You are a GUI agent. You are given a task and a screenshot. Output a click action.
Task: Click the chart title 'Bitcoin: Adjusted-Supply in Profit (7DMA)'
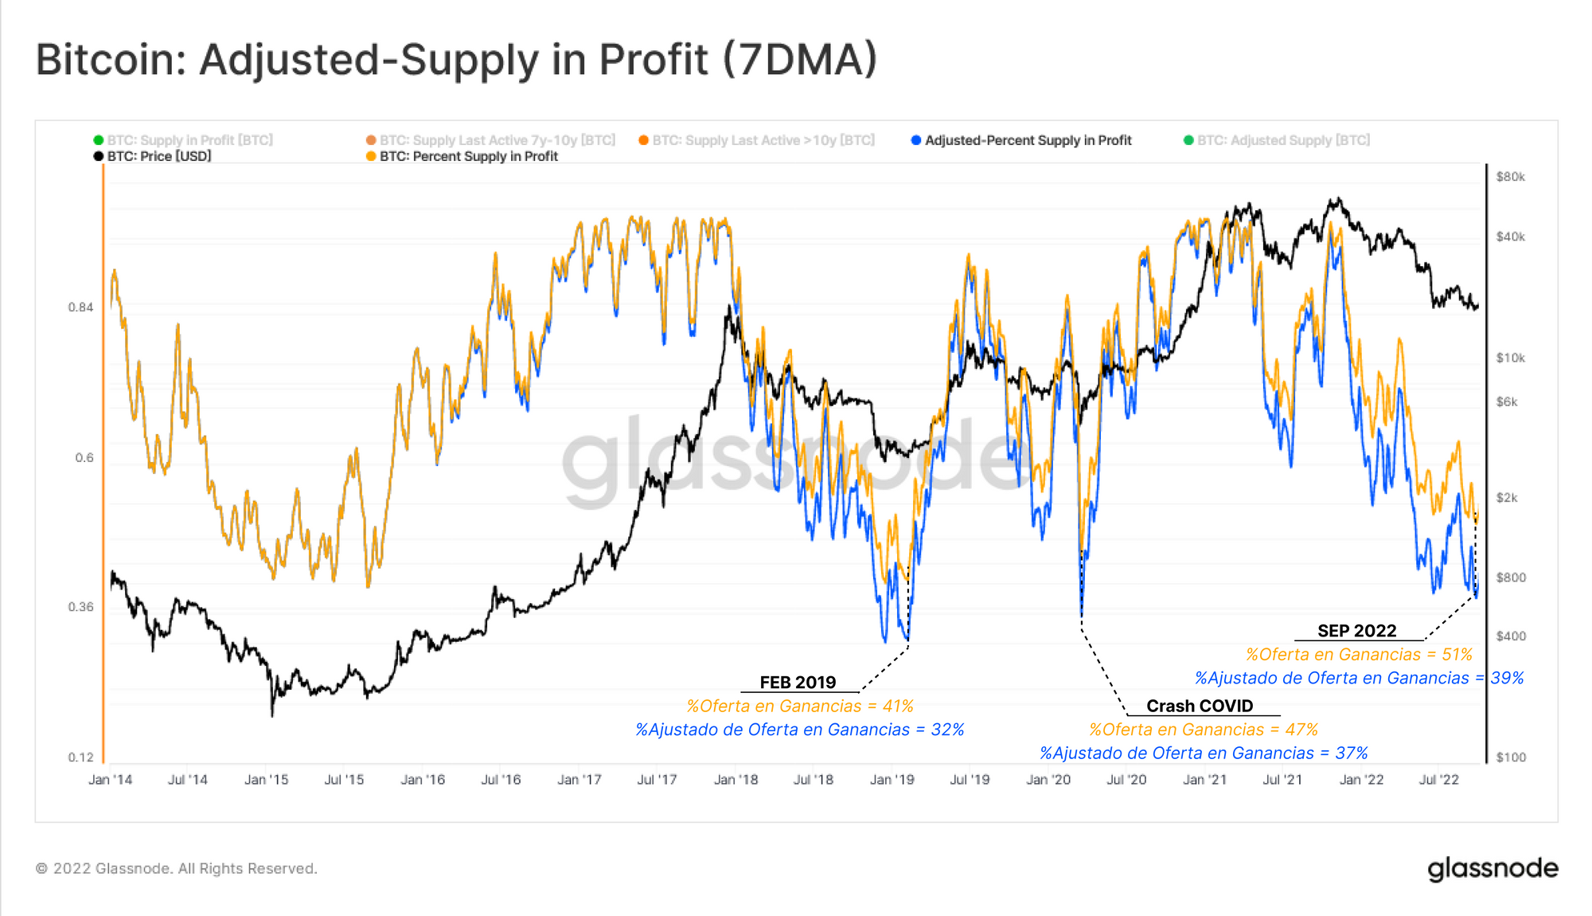[x=456, y=61]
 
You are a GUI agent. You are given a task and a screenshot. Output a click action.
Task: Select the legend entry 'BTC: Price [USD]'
[x=158, y=156]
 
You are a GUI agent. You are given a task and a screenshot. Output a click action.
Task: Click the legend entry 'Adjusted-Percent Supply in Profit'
[x=1027, y=140]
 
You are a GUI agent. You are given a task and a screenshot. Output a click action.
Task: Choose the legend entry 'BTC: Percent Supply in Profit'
[x=468, y=156]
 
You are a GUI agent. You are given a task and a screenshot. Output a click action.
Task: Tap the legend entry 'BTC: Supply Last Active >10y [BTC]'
[x=763, y=140]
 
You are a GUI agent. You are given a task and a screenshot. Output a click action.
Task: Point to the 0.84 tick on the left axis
[x=80, y=307]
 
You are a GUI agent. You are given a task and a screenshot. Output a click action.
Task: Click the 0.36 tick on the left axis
[x=80, y=607]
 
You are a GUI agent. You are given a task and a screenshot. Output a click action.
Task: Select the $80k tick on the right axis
[x=1510, y=177]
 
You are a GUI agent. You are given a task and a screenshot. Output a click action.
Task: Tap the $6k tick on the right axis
[x=1507, y=402]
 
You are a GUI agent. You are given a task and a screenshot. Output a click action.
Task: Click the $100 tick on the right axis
[x=1510, y=757]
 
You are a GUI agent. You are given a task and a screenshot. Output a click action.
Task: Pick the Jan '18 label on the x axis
[x=736, y=780]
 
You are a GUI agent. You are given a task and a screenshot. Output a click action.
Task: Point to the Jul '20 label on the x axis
[x=1126, y=780]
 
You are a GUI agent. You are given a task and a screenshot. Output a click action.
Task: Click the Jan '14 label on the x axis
[x=110, y=780]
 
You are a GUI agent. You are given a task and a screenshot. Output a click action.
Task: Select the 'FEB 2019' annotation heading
[x=798, y=683]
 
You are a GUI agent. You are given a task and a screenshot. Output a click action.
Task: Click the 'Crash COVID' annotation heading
[x=1199, y=706]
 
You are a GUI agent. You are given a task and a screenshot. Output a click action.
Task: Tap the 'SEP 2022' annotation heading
[x=1356, y=631]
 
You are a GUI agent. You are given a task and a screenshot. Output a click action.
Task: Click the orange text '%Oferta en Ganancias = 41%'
[x=799, y=706]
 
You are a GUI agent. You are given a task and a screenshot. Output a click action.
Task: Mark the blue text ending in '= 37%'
[x=1203, y=753]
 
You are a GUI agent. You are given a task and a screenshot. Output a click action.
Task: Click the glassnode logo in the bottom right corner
[x=1492, y=868]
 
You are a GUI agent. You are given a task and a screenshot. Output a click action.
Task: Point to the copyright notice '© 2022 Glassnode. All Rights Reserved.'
[x=177, y=868]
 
